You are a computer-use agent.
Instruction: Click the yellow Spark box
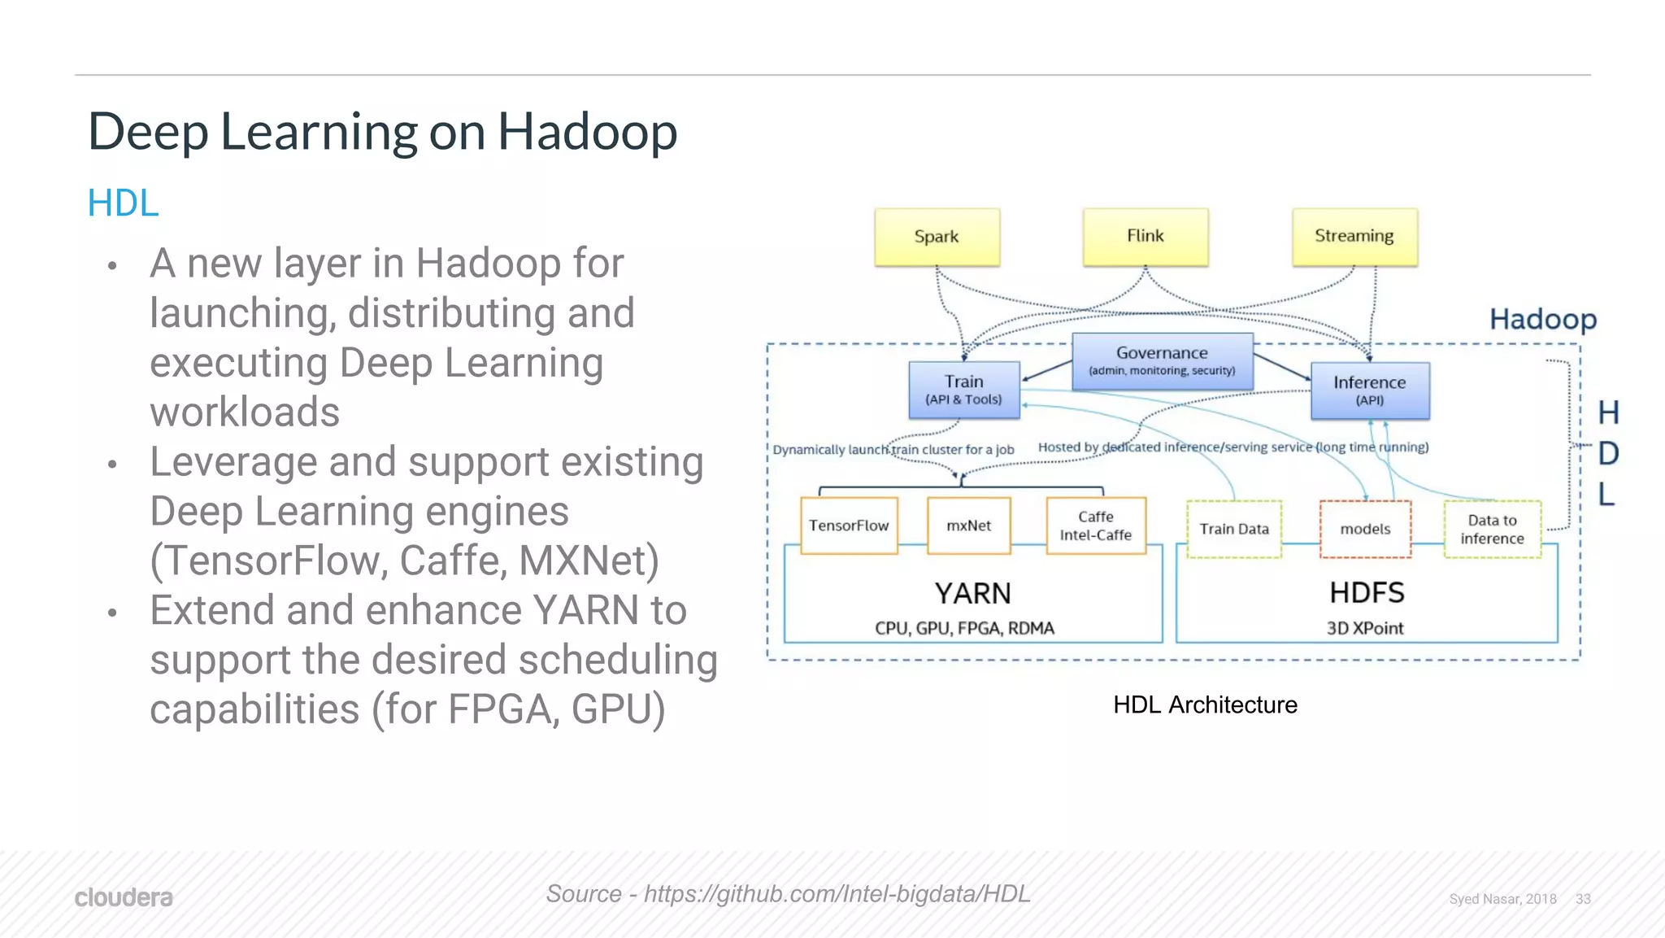937,237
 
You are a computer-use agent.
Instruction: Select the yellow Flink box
1145,236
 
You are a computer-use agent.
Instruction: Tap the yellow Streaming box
1354,236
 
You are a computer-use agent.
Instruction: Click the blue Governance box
1162,360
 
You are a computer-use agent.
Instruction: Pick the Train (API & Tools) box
963,390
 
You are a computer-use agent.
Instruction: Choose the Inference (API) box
1370,390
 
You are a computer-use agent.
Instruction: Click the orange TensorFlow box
849,526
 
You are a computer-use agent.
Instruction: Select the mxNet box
968,526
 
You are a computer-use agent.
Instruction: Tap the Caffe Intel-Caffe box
1096,526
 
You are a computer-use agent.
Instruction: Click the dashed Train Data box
1233,529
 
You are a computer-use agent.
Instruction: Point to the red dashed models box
1365,529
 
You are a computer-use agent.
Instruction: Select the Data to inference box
1492,529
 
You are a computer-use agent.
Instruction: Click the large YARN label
972,593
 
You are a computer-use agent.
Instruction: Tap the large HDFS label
1367,592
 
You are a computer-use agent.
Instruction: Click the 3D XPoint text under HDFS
1365,628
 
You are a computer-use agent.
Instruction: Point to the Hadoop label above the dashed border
1542,319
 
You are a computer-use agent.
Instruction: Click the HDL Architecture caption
1205,705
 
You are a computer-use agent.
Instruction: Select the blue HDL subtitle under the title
123,203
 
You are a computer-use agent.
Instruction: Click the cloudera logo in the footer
124,897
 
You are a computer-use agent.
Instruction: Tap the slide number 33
1583,899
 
